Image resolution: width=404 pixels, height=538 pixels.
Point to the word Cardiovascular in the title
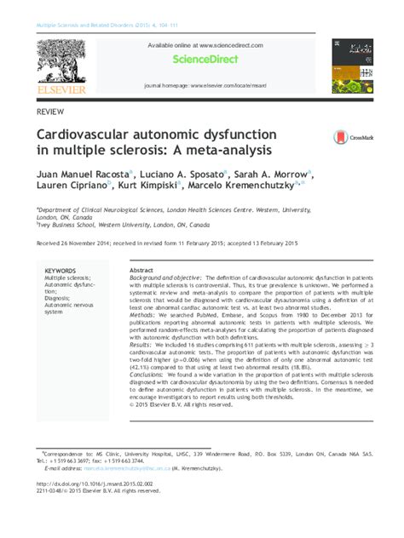click(84, 134)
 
